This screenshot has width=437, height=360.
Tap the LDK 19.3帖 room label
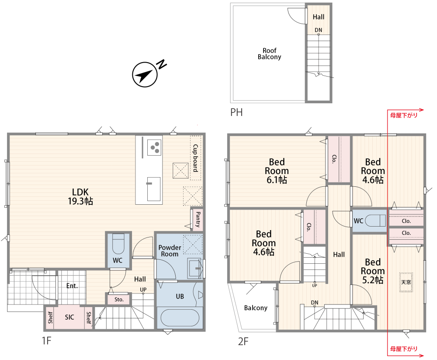tap(80, 196)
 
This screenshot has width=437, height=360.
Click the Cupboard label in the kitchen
tap(196, 158)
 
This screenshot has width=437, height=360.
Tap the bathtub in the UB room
tap(180, 318)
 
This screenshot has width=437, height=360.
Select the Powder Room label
tap(170, 251)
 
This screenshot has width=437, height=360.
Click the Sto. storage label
tap(119, 300)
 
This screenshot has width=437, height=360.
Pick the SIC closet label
tap(69, 317)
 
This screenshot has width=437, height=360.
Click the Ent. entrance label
tap(72, 286)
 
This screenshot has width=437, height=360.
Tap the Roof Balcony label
tap(269, 53)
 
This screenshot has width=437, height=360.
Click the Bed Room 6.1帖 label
tap(277, 171)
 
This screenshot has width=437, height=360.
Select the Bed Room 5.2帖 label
tap(373, 271)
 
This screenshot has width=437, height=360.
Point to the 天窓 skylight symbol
tap(406, 282)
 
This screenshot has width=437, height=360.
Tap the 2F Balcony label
tap(256, 308)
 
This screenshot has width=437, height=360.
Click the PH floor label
tap(236, 112)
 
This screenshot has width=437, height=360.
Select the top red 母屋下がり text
tap(403, 115)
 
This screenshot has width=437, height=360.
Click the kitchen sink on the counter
tap(153, 189)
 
